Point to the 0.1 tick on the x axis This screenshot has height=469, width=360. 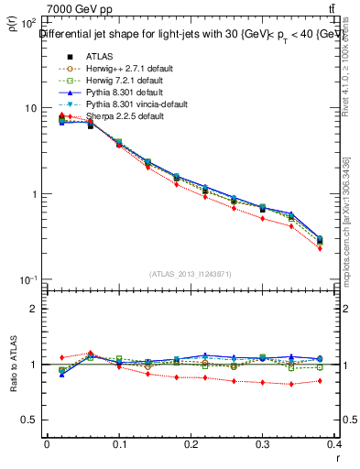pos(119,443)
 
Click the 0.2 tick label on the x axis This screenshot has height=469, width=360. pos(191,443)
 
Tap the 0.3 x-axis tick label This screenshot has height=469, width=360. pos(265,443)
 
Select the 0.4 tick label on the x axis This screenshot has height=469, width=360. pos(336,443)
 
